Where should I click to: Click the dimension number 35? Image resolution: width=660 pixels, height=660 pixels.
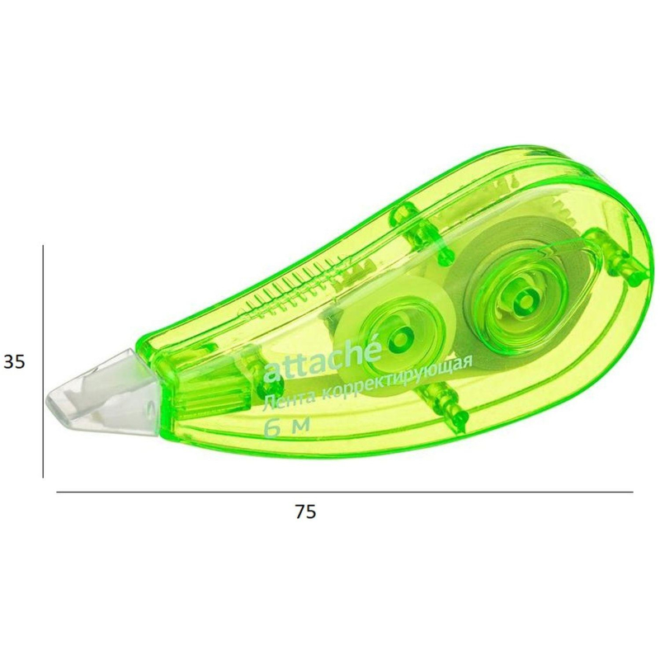tap(14, 361)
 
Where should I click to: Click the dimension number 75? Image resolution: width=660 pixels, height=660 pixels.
tap(305, 511)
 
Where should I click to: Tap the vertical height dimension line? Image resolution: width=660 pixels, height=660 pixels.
tap(43, 361)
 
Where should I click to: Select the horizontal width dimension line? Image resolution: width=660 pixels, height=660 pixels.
tap(345, 492)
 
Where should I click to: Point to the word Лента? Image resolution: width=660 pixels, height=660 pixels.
tap(290, 397)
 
